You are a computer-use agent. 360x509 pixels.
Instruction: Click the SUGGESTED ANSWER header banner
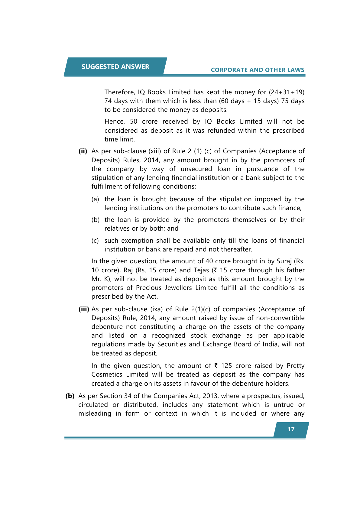pyautogui.click(x=115, y=67)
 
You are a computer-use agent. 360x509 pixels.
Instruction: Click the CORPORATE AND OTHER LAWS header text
pyautogui.click(x=258, y=70)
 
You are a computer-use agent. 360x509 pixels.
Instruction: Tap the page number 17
pyautogui.click(x=291, y=430)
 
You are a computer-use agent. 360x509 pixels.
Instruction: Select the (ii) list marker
pyautogui.click(x=83, y=151)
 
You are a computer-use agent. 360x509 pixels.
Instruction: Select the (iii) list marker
pyautogui.click(x=84, y=309)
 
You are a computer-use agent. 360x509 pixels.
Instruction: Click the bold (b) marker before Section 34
pyautogui.click(x=70, y=396)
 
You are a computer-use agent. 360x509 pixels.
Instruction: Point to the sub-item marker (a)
pyautogui.click(x=95, y=199)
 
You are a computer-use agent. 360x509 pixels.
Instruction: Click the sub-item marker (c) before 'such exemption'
pyautogui.click(x=95, y=241)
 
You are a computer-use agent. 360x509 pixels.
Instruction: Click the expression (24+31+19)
pyautogui.click(x=287, y=92)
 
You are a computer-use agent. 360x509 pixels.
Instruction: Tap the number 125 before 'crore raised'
pyautogui.click(x=226, y=366)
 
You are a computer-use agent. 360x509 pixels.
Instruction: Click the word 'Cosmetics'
pyautogui.click(x=107, y=374)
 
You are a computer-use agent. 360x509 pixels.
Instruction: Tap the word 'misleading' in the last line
pyautogui.click(x=95, y=413)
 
